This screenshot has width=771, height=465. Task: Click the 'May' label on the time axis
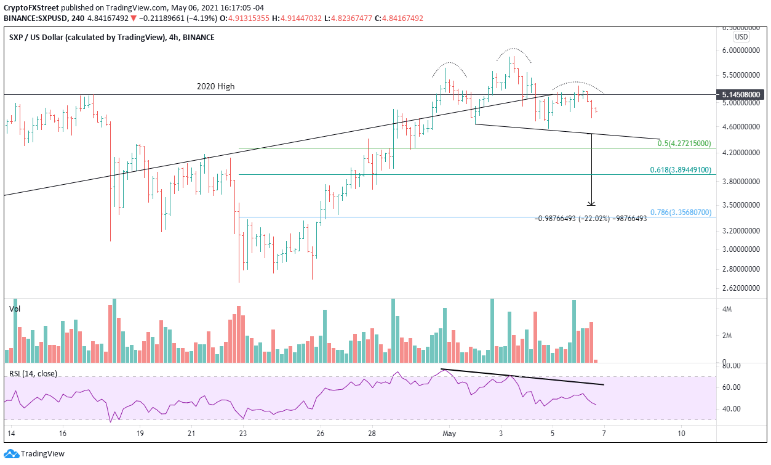[449, 433]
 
